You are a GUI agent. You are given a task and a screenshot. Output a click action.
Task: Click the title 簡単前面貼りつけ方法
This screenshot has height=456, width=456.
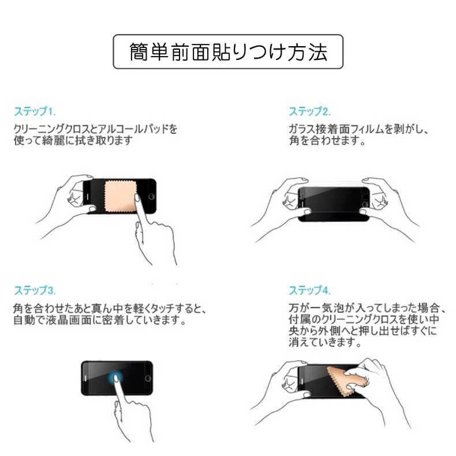[229, 53]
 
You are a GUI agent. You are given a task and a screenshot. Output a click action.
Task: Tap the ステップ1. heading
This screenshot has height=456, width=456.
[35, 111]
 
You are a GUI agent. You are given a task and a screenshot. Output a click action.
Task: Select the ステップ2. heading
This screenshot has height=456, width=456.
[309, 111]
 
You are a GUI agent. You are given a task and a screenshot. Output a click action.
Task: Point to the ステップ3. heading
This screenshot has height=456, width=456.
[35, 290]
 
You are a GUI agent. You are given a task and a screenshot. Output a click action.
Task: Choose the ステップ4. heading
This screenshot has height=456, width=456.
[309, 290]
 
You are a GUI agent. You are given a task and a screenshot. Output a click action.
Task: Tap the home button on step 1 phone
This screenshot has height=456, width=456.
[151, 196]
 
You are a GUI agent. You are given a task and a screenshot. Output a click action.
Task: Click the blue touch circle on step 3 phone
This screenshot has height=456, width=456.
[116, 378]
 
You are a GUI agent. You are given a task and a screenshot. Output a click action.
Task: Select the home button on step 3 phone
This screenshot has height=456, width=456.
[148, 378]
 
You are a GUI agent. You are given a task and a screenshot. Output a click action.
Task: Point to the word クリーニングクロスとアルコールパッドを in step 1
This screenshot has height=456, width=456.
[95, 129]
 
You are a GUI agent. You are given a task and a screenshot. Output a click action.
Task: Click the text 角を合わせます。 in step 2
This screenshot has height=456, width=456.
[327, 141]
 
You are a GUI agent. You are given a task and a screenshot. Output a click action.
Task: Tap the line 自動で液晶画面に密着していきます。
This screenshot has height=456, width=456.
[100, 320]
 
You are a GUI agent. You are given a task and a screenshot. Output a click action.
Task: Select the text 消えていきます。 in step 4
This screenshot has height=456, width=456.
[325, 342]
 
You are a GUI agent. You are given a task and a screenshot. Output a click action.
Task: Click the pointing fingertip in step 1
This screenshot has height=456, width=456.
[137, 198]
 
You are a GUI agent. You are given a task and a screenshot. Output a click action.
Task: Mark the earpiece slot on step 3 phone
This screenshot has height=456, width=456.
[86, 378]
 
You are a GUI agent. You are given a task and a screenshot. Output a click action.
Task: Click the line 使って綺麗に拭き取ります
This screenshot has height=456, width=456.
[73, 141]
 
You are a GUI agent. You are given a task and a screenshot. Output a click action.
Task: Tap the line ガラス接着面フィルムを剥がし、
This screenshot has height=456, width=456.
[358, 129]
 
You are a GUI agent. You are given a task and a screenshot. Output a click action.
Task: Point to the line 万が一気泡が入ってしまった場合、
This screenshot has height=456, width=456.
[367, 308]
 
